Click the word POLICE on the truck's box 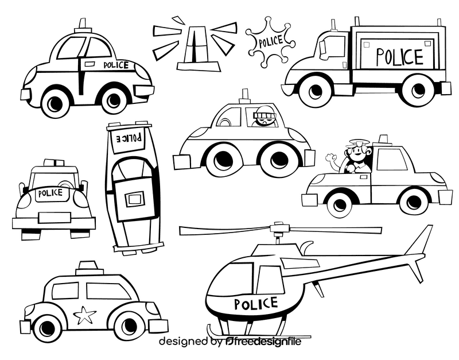(399, 56)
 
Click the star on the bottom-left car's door (85, 315)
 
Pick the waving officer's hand (331, 157)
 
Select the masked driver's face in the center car (263, 118)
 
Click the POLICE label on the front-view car (50, 193)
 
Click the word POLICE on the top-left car (116, 65)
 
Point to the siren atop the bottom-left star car (90, 268)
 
